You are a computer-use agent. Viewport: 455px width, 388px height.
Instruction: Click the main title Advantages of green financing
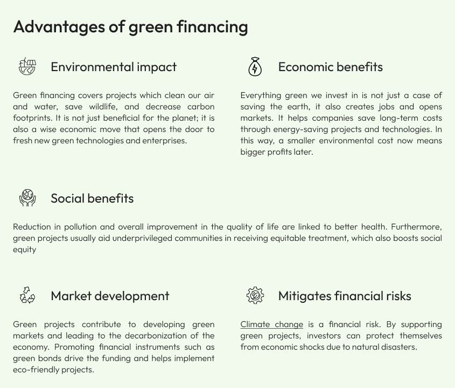(130, 26)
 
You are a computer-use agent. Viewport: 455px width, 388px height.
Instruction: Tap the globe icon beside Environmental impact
(27, 67)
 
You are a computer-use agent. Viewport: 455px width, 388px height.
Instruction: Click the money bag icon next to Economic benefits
(255, 67)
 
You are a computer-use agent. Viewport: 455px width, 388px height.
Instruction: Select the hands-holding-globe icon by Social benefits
(27, 198)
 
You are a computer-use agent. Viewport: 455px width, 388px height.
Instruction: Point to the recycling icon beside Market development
(27, 295)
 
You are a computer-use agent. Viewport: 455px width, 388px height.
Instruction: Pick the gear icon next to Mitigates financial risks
(255, 295)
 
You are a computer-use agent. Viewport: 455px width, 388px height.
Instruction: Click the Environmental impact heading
(114, 67)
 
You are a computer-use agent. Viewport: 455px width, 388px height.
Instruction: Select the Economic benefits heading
(330, 67)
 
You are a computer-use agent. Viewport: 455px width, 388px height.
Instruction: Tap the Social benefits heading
(92, 198)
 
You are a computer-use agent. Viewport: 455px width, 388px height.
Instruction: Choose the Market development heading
(110, 296)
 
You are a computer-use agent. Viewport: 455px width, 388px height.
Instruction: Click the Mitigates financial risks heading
(345, 296)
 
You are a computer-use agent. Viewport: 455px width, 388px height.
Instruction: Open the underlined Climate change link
(271, 324)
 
